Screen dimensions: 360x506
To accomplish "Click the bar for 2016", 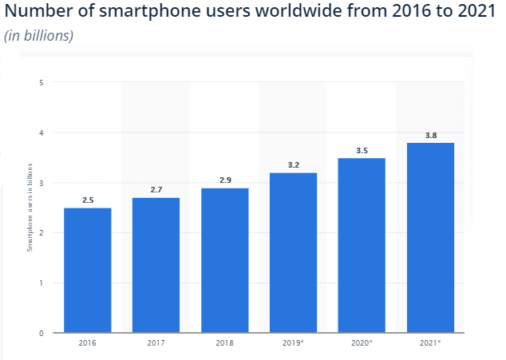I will [x=87, y=270].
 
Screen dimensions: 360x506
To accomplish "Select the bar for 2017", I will [x=156, y=265].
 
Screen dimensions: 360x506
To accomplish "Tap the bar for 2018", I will [x=224, y=260].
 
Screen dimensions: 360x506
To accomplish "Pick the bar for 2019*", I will [x=293, y=252].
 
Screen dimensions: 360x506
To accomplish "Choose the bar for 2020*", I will [x=362, y=245].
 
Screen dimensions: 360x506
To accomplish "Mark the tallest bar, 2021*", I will [x=430, y=238].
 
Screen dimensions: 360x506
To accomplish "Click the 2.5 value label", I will [x=87, y=200].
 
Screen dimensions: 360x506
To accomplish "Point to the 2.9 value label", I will [x=224, y=180].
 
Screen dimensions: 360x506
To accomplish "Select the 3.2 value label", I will [x=293, y=165].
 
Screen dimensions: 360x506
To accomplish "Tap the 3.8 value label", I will [x=430, y=136].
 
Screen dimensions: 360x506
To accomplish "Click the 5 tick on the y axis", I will [x=41, y=82].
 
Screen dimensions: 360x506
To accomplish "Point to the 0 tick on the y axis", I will [x=41, y=333].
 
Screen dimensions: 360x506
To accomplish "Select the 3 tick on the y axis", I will [x=41, y=183].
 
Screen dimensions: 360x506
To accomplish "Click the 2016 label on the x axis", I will [x=87, y=343].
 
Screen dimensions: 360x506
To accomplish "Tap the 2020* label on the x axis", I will [x=362, y=343].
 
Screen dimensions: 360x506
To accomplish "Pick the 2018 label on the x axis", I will [x=224, y=343].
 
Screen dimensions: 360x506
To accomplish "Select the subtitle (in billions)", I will [x=39, y=37].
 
